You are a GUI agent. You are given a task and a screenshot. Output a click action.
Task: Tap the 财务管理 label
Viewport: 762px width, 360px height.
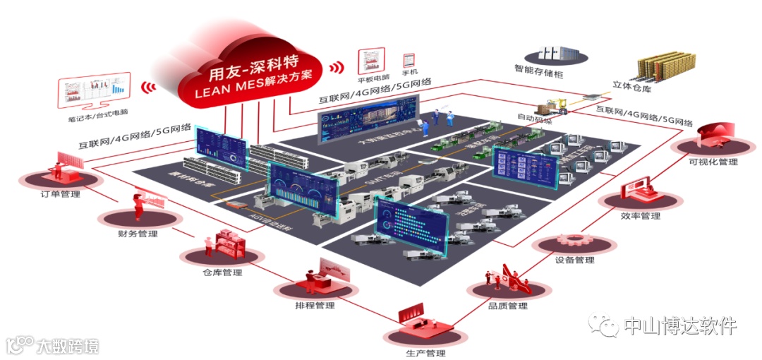(138, 234)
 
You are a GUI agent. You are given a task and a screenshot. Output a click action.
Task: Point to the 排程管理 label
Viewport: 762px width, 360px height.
(315, 306)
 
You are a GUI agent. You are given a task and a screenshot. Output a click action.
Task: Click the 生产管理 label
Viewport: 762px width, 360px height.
(425, 353)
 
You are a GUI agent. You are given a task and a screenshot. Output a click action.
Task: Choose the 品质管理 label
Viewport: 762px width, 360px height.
(508, 306)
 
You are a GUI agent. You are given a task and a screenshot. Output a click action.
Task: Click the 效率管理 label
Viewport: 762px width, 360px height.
(641, 216)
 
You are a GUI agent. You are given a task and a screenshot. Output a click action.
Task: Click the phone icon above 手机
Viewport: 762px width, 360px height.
(408, 59)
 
